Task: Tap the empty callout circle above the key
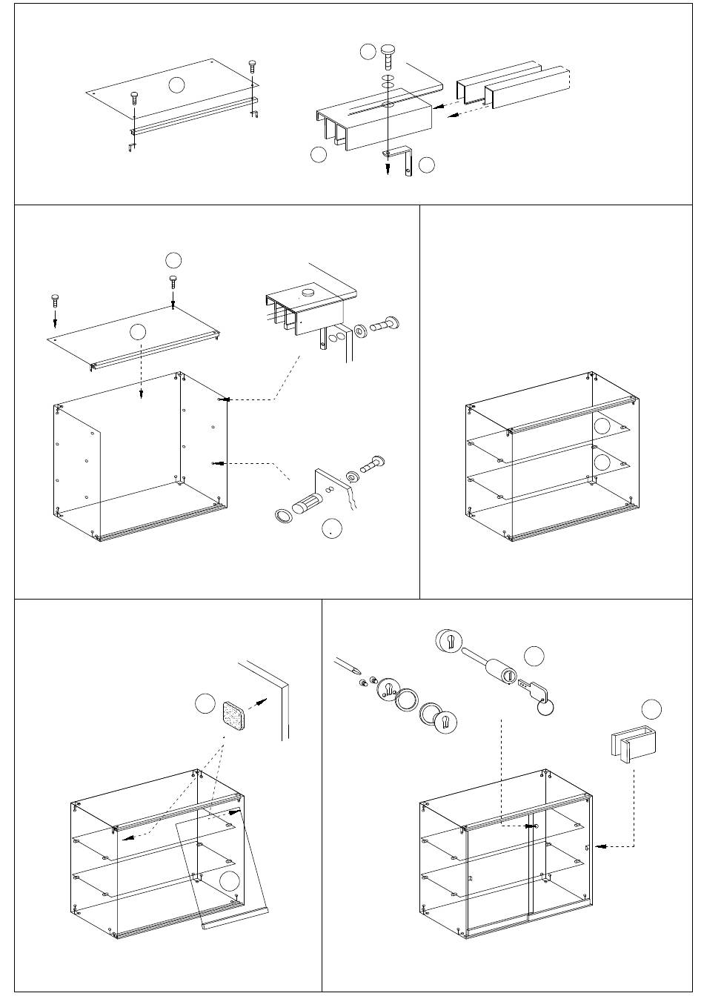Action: (x=534, y=656)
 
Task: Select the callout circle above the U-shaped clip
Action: (x=651, y=708)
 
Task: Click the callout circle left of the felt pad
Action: (x=205, y=705)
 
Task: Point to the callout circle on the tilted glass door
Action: (x=230, y=880)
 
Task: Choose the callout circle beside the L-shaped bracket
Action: (x=427, y=165)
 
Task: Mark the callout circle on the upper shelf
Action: (x=602, y=425)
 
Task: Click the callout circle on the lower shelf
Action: (x=602, y=462)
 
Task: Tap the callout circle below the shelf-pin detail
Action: (x=332, y=528)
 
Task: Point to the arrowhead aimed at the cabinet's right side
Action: (x=600, y=846)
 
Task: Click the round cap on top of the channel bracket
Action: (x=306, y=294)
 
